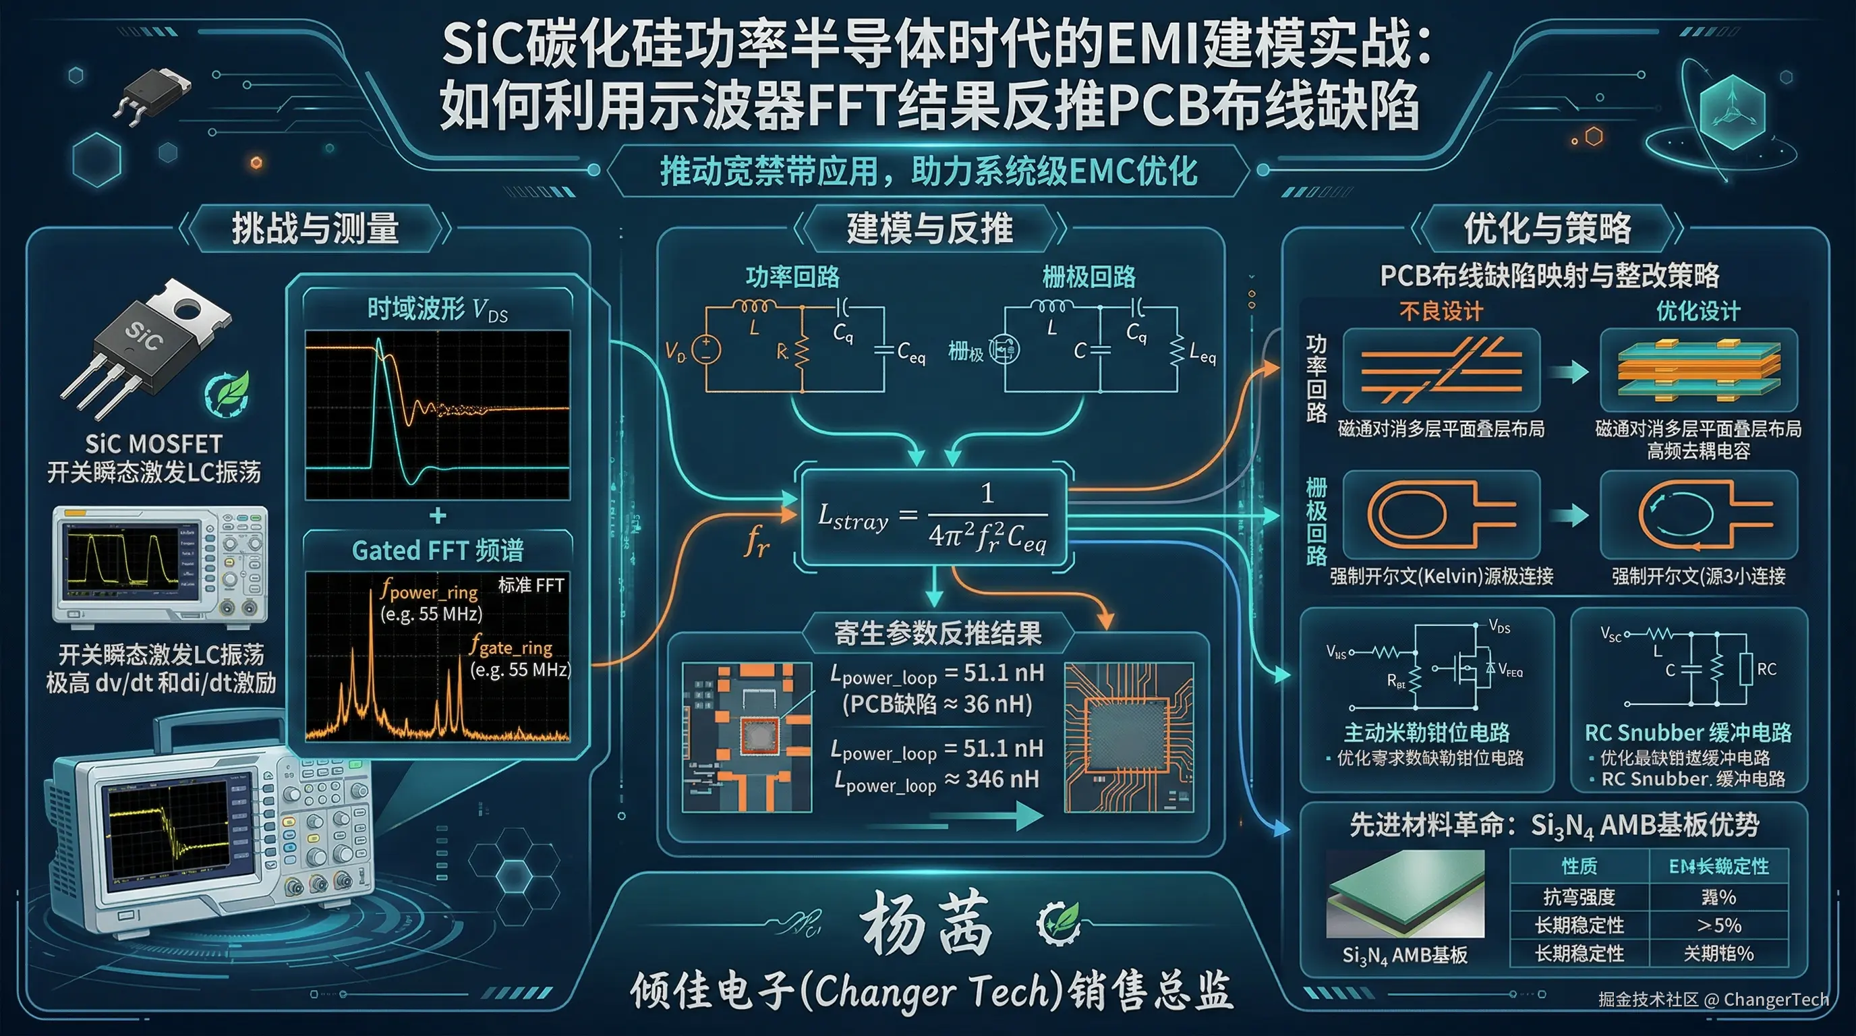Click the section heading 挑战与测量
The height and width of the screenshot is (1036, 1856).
[315, 229]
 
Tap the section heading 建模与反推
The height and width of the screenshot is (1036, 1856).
[929, 229]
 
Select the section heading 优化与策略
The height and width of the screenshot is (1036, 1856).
[1548, 229]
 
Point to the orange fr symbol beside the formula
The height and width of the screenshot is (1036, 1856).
[757, 540]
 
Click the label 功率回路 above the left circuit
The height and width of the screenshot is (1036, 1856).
[792, 277]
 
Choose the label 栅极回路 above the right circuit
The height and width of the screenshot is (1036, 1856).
[1089, 277]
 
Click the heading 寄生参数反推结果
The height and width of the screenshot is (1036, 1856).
[938, 633]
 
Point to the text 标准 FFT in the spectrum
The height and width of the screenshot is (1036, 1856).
[531, 585]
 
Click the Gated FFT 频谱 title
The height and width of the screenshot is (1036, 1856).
[437, 550]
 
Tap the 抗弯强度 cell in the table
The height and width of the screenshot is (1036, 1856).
[1579, 897]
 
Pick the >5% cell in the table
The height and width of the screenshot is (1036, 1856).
[1719, 925]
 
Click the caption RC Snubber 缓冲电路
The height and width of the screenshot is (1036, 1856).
[1688, 732]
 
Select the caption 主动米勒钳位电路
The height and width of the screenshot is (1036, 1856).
[1426, 732]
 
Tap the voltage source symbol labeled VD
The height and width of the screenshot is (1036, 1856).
[706, 349]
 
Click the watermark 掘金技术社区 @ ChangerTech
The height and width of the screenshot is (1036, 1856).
[1713, 1000]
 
